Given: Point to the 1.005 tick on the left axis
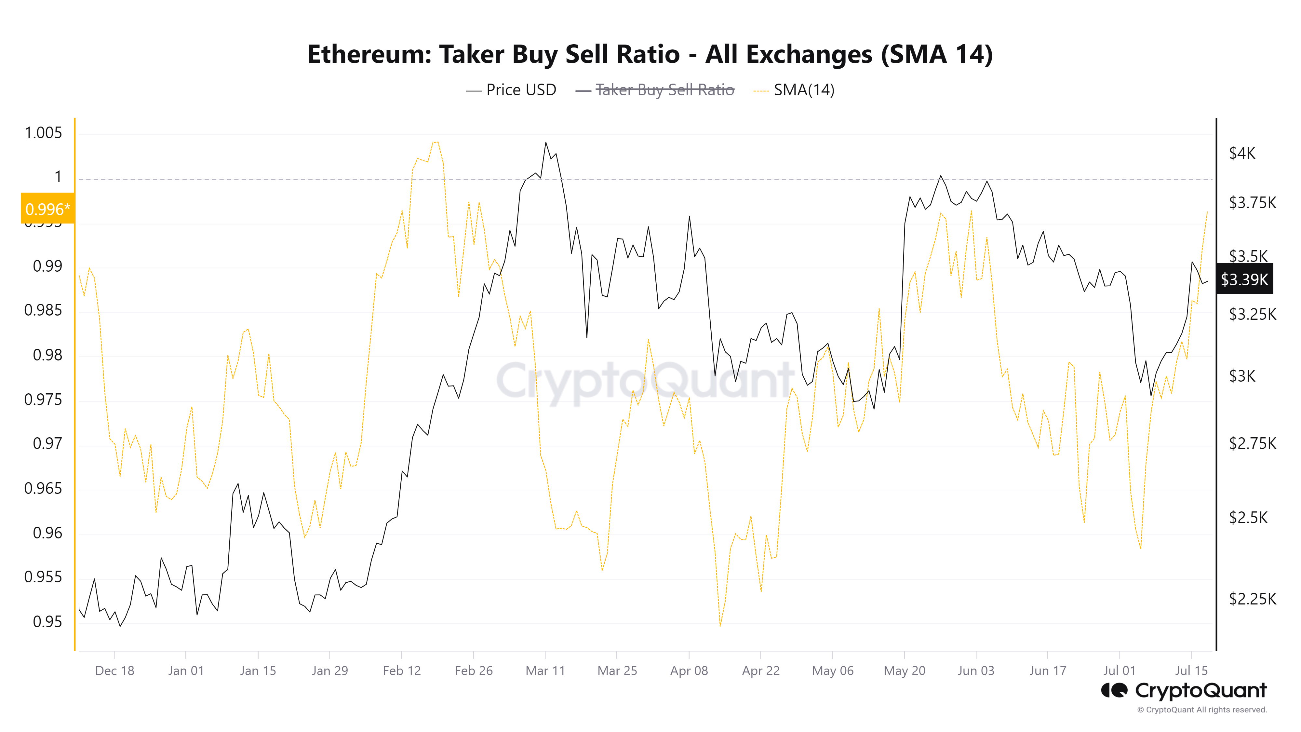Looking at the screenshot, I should (x=44, y=133).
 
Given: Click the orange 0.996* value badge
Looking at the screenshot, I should (x=47, y=209).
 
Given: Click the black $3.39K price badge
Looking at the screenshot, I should (x=1244, y=279).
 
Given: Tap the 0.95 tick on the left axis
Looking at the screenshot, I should (x=47, y=621).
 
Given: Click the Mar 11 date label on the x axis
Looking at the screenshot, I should (x=545, y=671).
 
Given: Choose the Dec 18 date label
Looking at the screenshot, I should (x=114, y=671).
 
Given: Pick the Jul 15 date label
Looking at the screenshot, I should (x=1191, y=671).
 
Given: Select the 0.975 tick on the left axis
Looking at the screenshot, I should (x=44, y=399).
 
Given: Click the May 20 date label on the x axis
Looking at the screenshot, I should (x=904, y=671).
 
